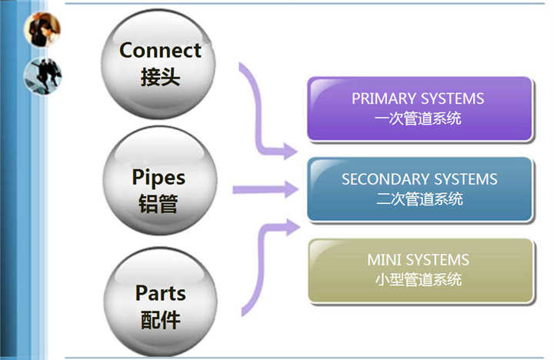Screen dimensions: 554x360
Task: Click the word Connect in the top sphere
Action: tap(160, 50)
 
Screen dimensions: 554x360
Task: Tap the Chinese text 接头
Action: tap(160, 77)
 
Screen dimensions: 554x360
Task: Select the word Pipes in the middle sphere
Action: tap(159, 178)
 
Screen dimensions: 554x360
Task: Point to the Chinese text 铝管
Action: tap(158, 204)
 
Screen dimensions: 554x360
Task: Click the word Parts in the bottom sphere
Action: tap(160, 293)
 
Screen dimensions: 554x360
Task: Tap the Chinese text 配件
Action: tap(161, 320)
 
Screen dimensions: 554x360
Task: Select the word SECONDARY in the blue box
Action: tap(385, 179)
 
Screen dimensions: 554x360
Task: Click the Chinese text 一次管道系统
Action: tap(418, 118)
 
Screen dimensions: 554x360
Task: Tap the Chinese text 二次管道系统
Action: tap(420, 199)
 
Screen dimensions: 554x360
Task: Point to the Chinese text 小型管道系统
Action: tap(419, 279)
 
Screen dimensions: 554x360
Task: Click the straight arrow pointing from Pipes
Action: tap(265, 189)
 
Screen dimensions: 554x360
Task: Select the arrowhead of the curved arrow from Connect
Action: tap(290, 152)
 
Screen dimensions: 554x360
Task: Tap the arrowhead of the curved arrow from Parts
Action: tap(292, 228)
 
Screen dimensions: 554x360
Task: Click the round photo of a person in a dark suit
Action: tap(42, 29)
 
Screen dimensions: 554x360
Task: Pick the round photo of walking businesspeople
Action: tap(43, 76)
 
